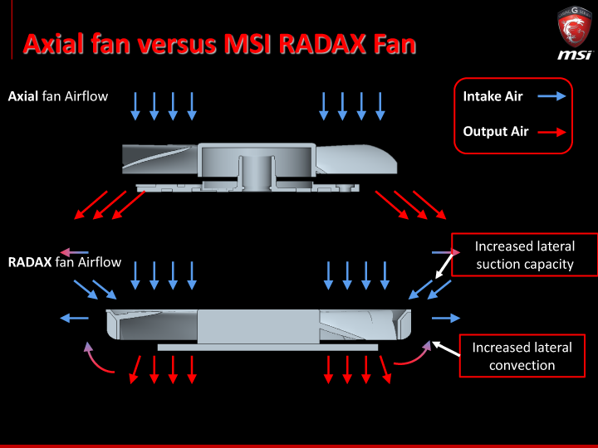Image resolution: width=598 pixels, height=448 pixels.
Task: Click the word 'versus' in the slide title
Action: [x=178, y=43]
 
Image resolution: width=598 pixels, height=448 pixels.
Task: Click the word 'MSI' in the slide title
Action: [x=250, y=43]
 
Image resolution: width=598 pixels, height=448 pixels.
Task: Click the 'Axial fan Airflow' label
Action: [x=58, y=96]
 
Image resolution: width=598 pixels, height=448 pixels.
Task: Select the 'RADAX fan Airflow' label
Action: [x=65, y=263]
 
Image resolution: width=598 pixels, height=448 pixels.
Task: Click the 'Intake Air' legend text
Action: [x=493, y=96]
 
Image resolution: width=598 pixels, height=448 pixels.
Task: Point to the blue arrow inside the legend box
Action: [x=551, y=96]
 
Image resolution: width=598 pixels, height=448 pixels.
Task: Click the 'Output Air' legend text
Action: [x=496, y=131]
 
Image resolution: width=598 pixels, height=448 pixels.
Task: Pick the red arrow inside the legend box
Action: [x=551, y=131]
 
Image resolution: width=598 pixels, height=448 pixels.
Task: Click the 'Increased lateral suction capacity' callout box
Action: [x=524, y=255]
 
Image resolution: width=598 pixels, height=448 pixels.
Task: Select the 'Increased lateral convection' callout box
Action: [x=522, y=356]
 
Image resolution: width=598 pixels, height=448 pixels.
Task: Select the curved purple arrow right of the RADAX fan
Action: [x=413, y=355]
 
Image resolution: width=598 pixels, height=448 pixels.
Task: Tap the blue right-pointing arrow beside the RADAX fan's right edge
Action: [x=445, y=318]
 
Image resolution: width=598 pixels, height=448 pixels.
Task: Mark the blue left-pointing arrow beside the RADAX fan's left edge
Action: [x=74, y=318]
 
